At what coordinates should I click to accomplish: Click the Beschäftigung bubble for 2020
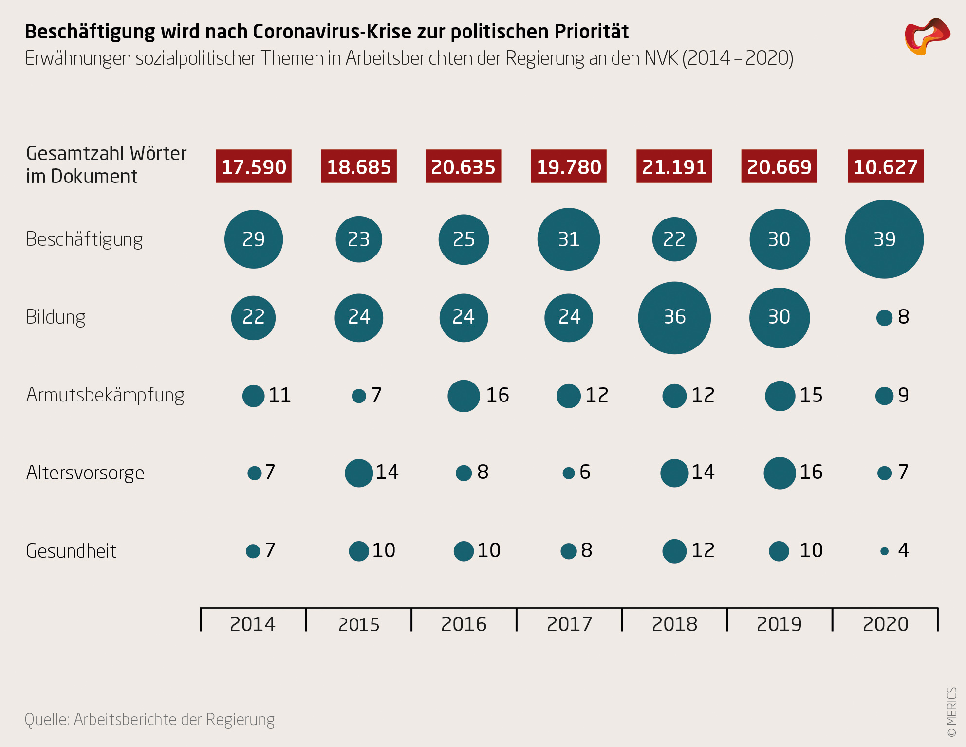point(884,239)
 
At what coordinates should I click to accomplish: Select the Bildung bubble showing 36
point(674,318)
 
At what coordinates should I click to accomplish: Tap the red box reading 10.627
point(886,166)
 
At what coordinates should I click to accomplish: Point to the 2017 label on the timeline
point(569,624)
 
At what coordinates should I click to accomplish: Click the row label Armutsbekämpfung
point(105,395)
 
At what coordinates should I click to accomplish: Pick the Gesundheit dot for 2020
point(885,551)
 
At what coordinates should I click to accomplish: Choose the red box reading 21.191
point(674,166)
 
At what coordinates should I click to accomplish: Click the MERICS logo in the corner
point(927,36)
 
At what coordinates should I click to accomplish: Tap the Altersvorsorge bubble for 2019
point(780,473)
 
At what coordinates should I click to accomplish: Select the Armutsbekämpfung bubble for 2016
point(464,396)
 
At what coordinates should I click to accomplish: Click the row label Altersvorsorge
point(85,473)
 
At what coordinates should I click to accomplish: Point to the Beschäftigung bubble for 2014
point(254,239)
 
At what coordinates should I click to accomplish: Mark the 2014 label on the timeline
point(253,624)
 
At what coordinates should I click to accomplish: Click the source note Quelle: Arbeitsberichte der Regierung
point(149,719)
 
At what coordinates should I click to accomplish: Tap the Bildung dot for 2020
point(884,318)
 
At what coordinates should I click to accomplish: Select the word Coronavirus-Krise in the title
point(332,32)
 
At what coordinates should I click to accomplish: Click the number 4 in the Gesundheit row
point(903,550)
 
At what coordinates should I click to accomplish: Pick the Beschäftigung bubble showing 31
point(569,239)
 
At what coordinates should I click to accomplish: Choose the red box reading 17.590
point(254,166)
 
